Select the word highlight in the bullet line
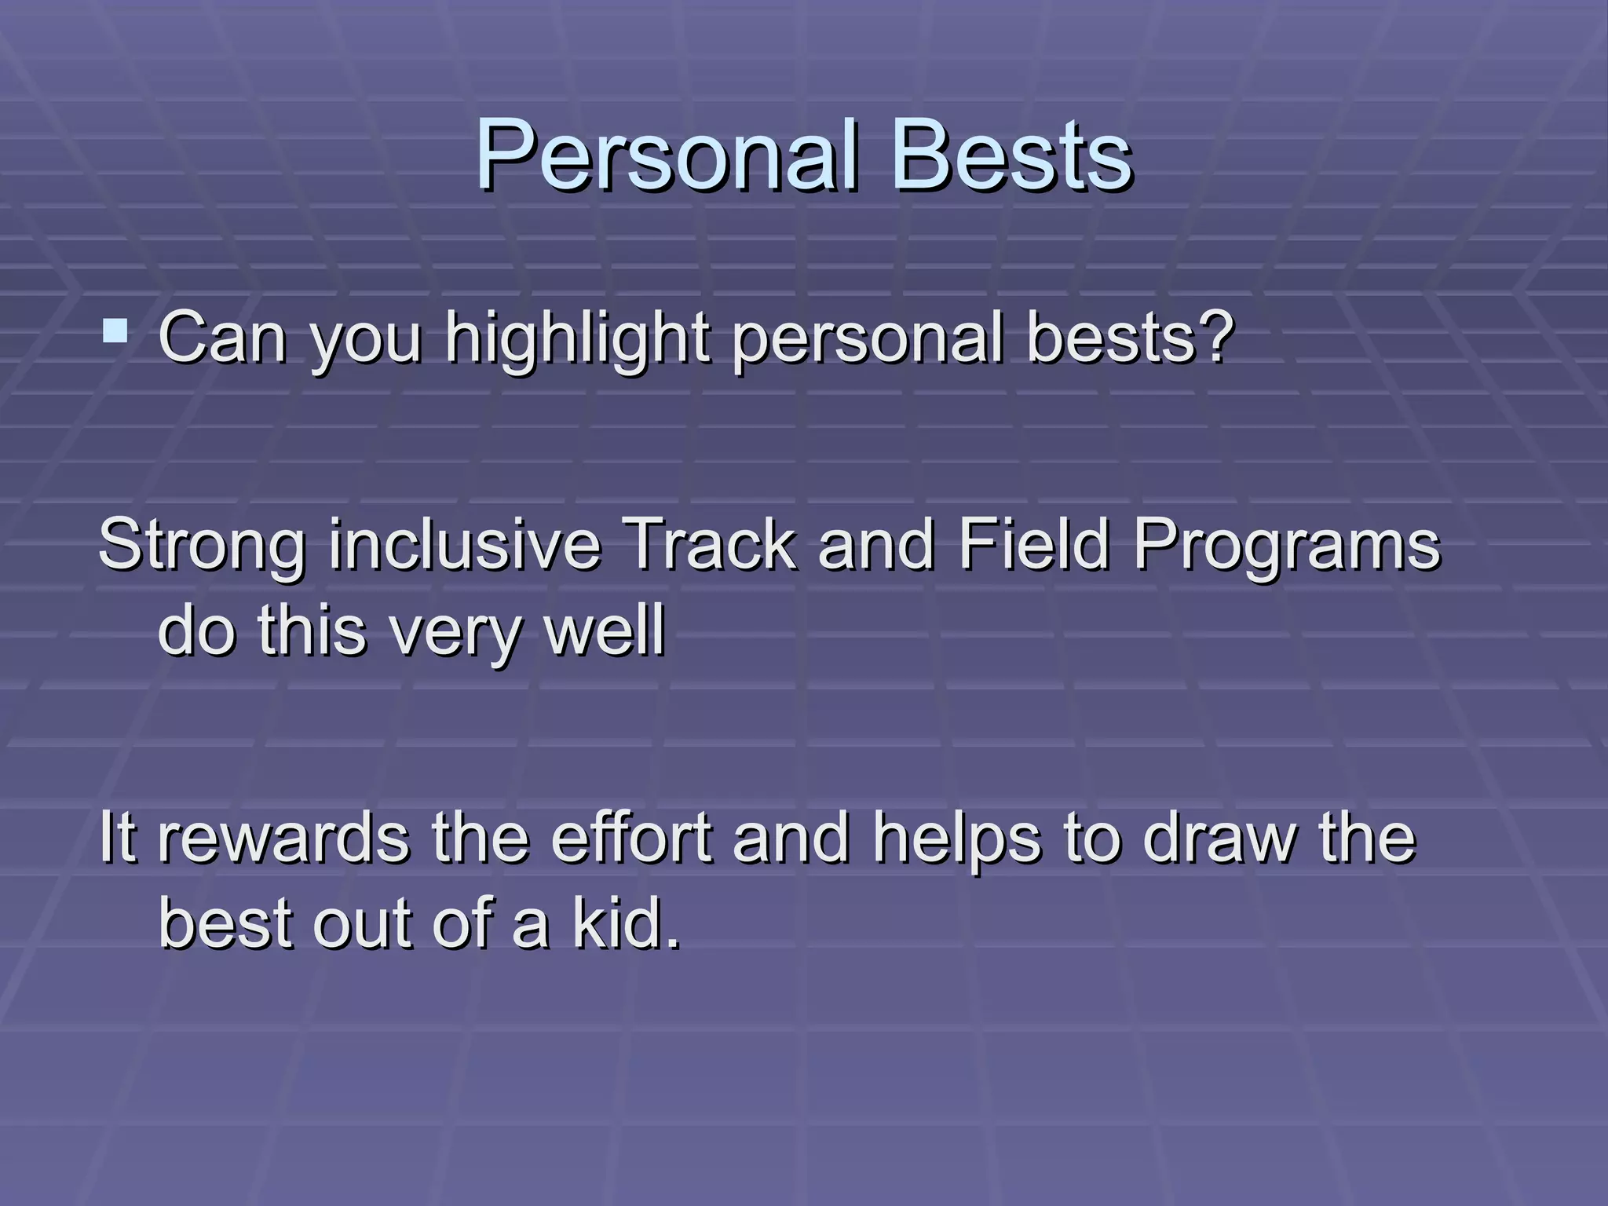tap(578, 339)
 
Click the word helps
tap(957, 839)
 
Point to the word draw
tap(1221, 839)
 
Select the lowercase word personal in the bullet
tap(868, 339)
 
